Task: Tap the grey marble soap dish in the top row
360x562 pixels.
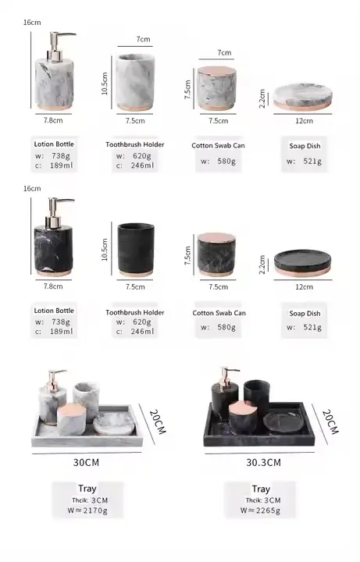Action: tap(303, 97)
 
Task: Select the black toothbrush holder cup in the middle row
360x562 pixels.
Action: tap(136, 250)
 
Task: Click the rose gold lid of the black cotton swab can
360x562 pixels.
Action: tap(216, 237)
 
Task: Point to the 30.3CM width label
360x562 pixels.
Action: tap(263, 462)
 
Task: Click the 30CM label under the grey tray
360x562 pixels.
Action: tap(86, 462)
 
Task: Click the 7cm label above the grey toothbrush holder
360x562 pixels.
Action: tap(143, 39)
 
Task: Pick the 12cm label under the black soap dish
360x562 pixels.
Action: tap(304, 286)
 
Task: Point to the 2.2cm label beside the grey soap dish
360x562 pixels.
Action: tap(262, 98)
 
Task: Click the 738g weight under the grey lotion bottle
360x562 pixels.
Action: tap(61, 156)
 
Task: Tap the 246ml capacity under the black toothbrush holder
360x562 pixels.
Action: tap(142, 332)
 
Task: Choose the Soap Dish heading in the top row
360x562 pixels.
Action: tap(305, 146)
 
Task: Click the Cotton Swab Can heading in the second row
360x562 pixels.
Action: tap(219, 313)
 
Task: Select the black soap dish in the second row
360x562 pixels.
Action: tap(303, 263)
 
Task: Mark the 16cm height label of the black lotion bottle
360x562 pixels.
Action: tap(32, 189)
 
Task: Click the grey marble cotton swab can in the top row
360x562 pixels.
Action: tap(216, 88)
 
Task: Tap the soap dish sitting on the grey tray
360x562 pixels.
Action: tap(114, 423)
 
